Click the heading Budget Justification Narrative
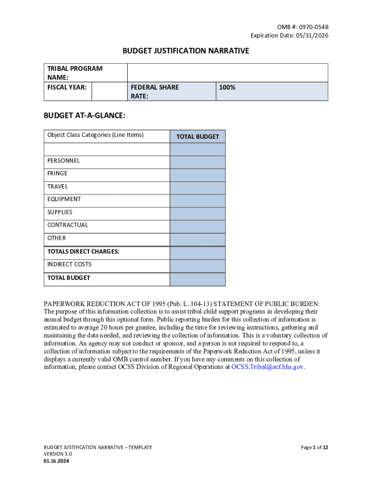(x=186, y=51)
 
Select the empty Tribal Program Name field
(x=227, y=73)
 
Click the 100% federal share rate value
(x=228, y=87)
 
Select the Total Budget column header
(x=197, y=137)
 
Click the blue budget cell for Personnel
(x=197, y=162)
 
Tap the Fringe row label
(x=57, y=174)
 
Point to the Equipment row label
(x=64, y=199)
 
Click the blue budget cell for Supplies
(x=197, y=214)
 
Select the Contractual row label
(x=68, y=225)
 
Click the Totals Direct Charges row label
(x=83, y=251)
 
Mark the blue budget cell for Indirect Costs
(x=197, y=266)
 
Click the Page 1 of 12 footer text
(x=314, y=448)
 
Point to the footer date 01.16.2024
(x=56, y=462)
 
